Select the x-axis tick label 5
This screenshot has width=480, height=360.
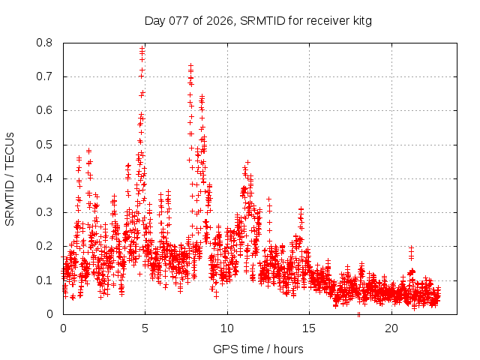click(x=145, y=328)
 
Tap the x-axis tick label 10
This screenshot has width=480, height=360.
click(x=227, y=328)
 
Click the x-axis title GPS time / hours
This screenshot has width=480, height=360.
click(x=258, y=349)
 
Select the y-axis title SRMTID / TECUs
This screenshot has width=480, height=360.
click(x=10, y=178)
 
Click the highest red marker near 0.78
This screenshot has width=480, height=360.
click(x=142, y=48)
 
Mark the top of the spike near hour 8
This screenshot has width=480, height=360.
click(x=190, y=65)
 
